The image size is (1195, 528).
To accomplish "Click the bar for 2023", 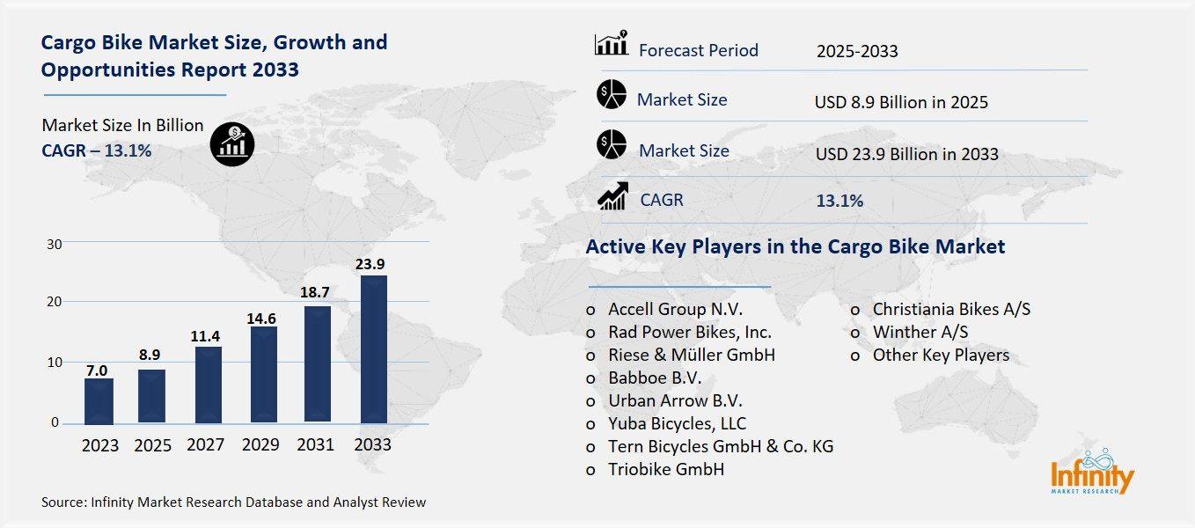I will (x=99, y=401).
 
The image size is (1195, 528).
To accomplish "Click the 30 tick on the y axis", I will (x=53, y=244).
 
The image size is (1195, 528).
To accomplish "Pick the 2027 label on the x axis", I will (x=207, y=445).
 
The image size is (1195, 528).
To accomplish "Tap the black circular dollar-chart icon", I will (x=232, y=143).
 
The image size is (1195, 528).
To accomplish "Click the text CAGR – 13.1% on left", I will (x=97, y=150).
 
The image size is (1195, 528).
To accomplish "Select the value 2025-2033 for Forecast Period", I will (x=856, y=51).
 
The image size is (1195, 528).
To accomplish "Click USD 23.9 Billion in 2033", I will (x=906, y=154).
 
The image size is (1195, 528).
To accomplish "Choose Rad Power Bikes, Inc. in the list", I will (x=689, y=333).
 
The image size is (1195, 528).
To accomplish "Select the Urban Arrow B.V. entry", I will (x=675, y=400).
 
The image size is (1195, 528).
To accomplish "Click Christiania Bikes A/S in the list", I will (x=950, y=310).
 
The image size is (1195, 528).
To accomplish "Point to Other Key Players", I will (x=940, y=356).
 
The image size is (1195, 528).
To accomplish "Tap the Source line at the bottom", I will (x=233, y=502).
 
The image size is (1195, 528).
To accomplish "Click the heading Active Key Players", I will (x=795, y=246).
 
